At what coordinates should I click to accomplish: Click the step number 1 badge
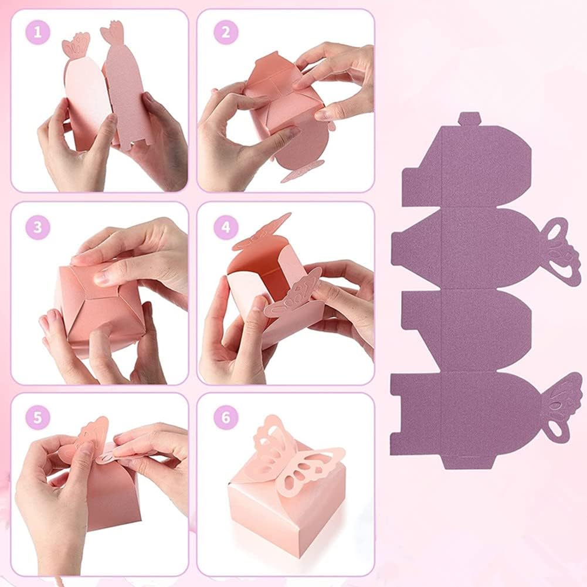(x=38, y=33)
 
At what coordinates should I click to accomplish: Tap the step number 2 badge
(x=225, y=33)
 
